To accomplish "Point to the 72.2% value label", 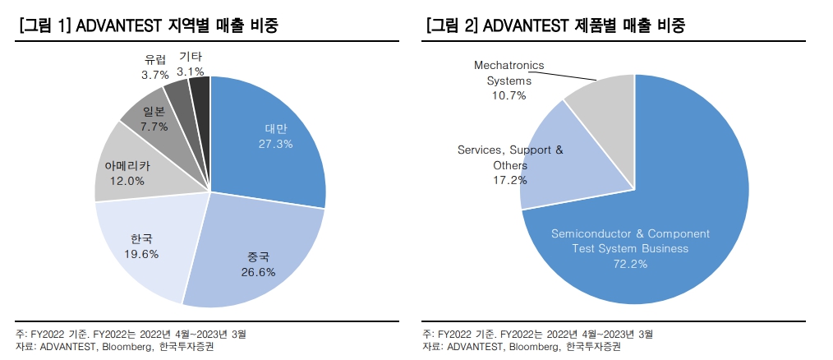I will (x=630, y=264).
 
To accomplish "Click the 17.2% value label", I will (x=509, y=181).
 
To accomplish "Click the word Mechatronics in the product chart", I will (x=509, y=66).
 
